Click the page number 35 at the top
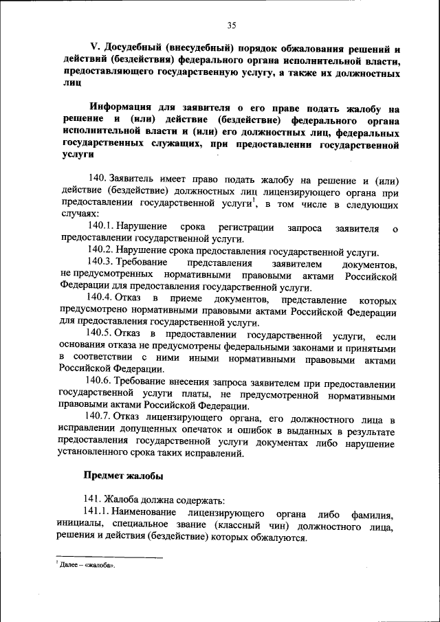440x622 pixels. click(x=232, y=25)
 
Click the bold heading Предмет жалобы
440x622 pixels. click(x=123, y=475)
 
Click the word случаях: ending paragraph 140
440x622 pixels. click(x=79, y=214)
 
